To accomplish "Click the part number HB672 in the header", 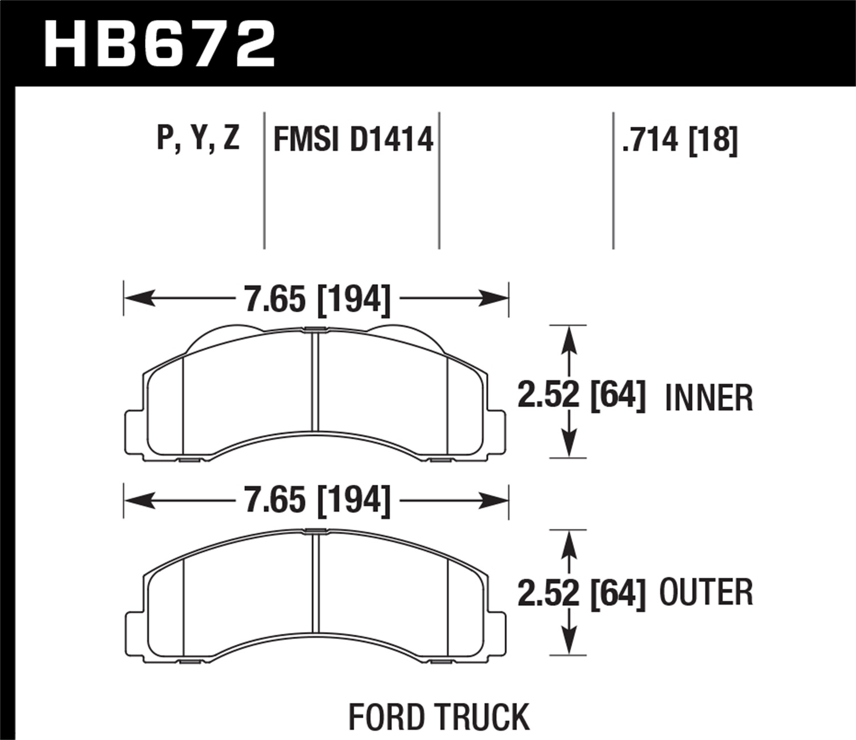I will click(160, 45).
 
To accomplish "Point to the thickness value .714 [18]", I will click(680, 139).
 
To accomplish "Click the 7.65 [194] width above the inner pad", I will click(317, 299).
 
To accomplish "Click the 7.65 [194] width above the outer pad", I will click(317, 501).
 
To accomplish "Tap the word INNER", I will click(709, 398).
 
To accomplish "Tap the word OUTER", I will click(706, 593).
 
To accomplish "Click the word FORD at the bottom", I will click(389, 717).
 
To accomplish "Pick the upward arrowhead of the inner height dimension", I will click(568, 340).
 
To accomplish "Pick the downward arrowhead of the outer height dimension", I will click(568, 640).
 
